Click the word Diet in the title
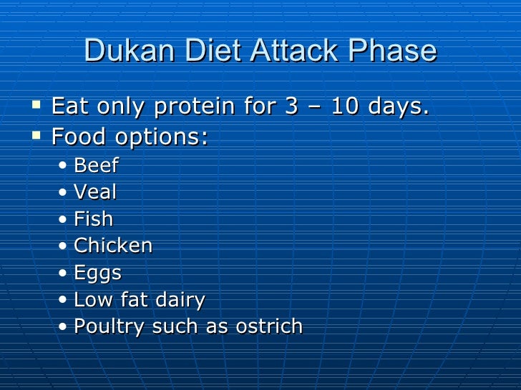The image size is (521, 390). tap(208, 51)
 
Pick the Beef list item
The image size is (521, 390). tap(96, 166)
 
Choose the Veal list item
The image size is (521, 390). tap(95, 192)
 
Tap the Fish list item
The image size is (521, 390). tap(93, 219)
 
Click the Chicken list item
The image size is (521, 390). tap(113, 246)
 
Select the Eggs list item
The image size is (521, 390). tap(97, 274)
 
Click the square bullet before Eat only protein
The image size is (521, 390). tap(36, 107)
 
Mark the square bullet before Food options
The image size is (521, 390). tap(36, 134)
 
